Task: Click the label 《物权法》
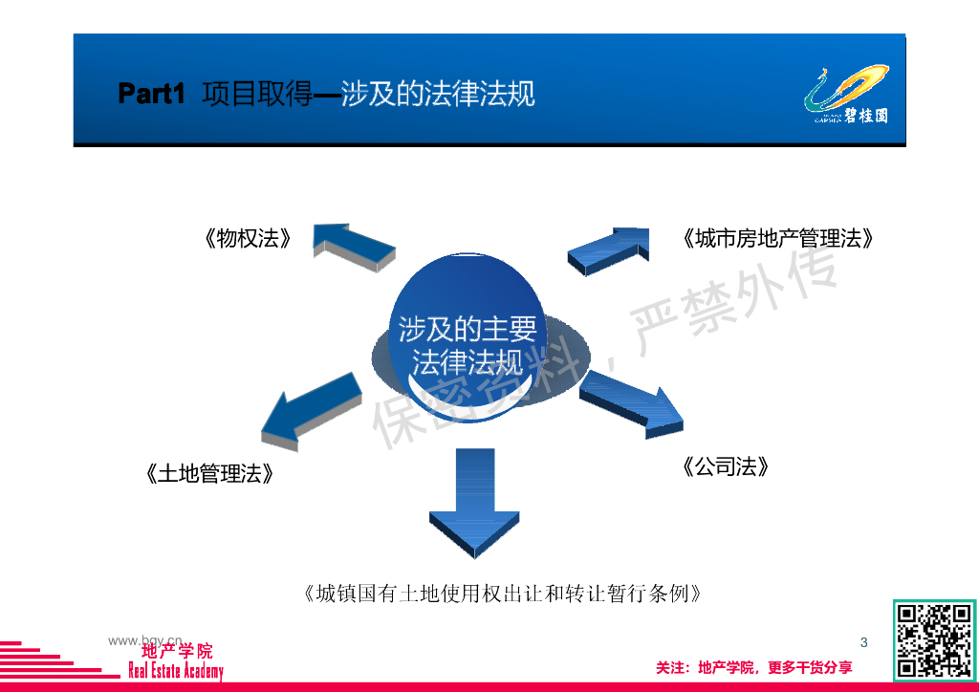pyautogui.click(x=247, y=239)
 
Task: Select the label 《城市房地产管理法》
pyautogui.click(x=778, y=239)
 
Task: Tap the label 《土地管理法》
pyautogui.click(x=210, y=473)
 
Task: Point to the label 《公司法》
pyautogui.click(x=727, y=466)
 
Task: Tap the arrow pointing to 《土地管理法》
pyautogui.click(x=311, y=411)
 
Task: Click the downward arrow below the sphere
pyautogui.click(x=474, y=502)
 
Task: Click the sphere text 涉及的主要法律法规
pyautogui.click(x=468, y=346)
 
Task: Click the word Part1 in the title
pyautogui.click(x=151, y=94)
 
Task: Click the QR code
pyautogui.click(x=934, y=640)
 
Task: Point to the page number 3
pyautogui.click(x=864, y=642)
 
